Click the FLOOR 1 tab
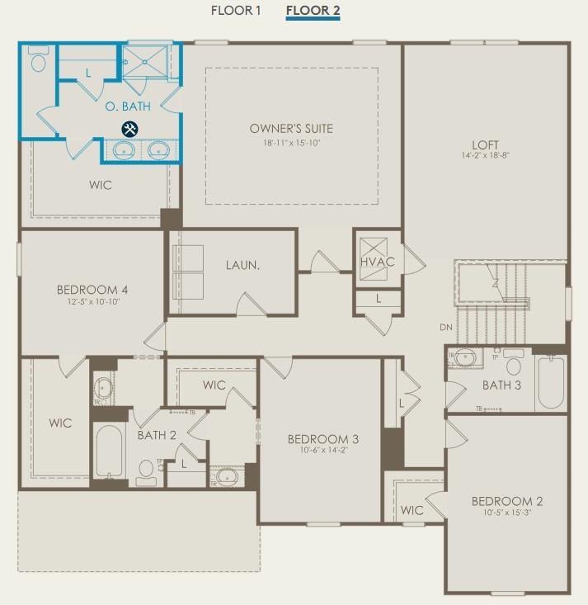[x=236, y=11]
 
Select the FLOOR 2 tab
[x=313, y=11]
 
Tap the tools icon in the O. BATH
[x=129, y=129]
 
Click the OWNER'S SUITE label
[x=291, y=128]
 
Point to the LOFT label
[x=482, y=143]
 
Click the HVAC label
[x=377, y=262]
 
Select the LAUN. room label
[x=243, y=266]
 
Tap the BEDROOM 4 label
[x=92, y=290]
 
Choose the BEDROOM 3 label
[x=322, y=439]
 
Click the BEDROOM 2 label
[x=506, y=502]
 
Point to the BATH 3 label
[x=501, y=385]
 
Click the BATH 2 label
[x=158, y=435]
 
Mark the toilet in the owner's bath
[x=37, y=61]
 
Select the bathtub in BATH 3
[x=550, y=383]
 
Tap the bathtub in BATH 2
[x=109, y=452]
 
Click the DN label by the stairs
[x=446, y=328]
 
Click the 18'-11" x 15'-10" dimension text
[x=291, y=143]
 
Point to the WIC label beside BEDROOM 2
[x=412, y=510]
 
